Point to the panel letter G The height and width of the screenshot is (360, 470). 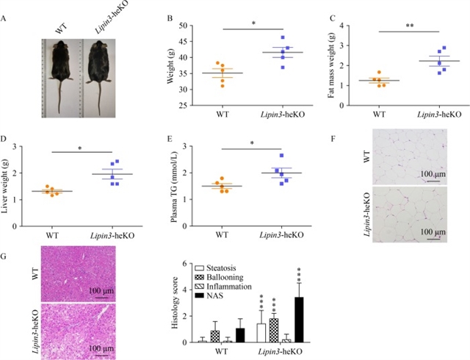pyautogui.click(x=5, y=256)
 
